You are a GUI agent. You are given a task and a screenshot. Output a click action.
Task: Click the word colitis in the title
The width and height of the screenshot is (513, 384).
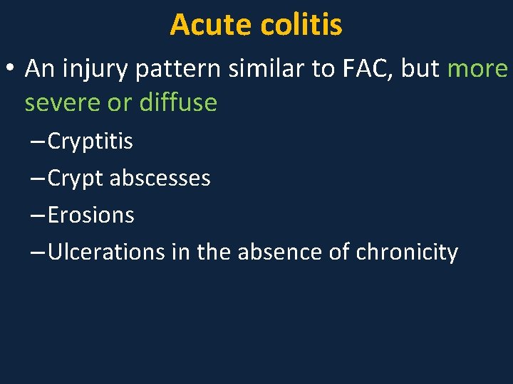click(301, 25)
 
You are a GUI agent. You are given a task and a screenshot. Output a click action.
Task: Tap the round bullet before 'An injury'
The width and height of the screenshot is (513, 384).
click(11, 70)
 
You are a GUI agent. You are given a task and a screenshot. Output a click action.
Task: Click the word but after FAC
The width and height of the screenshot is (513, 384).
click(421, 68)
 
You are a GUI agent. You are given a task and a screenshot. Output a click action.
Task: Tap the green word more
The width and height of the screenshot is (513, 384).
click(477, 69)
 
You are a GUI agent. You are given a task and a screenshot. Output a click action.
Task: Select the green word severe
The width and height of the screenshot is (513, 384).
click(62, 103)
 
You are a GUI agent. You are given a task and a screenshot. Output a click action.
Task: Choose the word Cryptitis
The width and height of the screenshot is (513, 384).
click(90, 142)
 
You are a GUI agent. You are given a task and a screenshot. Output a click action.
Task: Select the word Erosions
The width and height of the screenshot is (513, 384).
click(90, 215)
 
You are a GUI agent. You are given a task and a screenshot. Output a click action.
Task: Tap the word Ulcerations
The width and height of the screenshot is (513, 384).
click(106, 252)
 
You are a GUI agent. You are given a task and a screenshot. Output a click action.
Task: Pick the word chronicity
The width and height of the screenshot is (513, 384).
click(406, 252)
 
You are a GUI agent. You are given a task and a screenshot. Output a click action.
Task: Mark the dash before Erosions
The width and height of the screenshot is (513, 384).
click(38, 215)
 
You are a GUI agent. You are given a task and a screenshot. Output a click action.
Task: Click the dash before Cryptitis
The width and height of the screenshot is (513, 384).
click(38, 142)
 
